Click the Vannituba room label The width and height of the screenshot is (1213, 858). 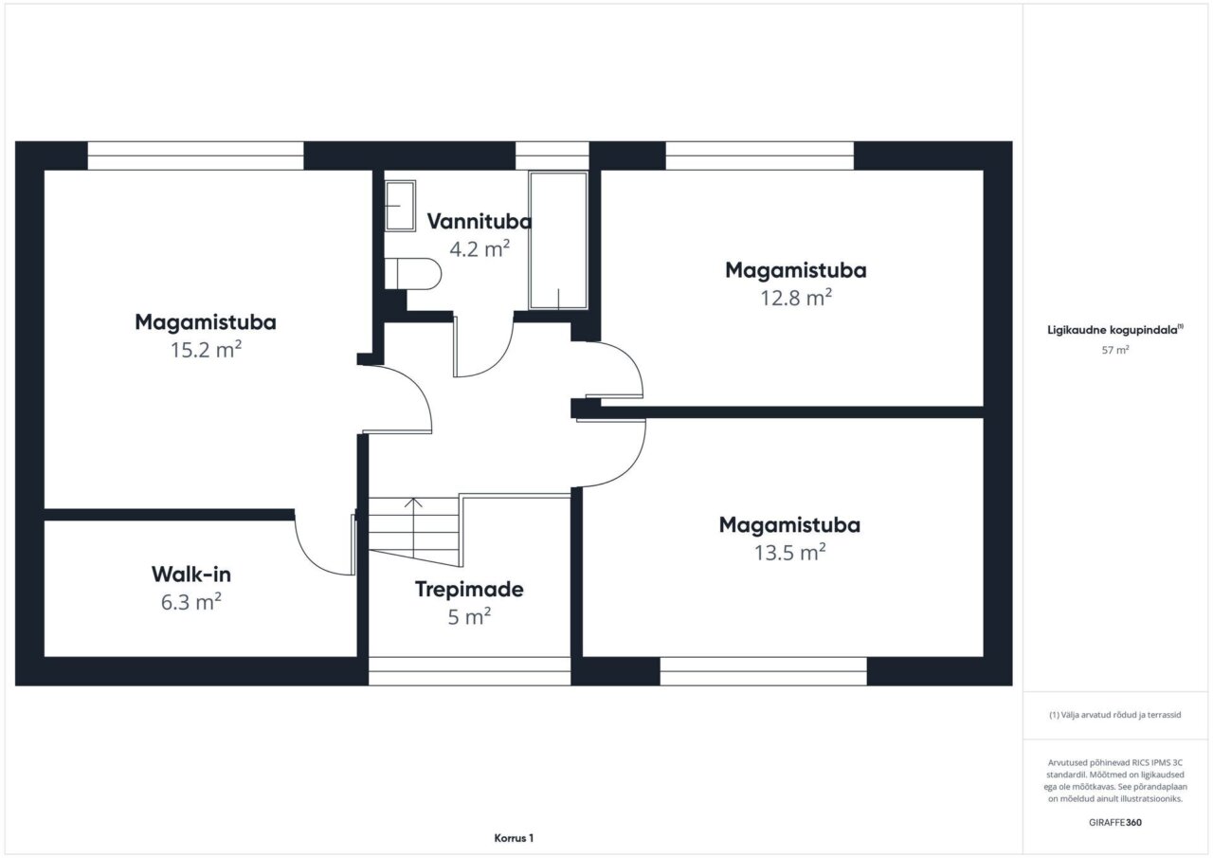tap(480, 221)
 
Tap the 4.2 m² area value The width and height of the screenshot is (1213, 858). tap(480, 248)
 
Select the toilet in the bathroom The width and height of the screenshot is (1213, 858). tap(412, 274)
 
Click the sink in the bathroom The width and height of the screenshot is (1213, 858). tap(400, 206)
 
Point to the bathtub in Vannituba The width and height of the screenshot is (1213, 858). tap(558, 241)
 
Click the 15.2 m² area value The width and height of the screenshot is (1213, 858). tap(206, 350)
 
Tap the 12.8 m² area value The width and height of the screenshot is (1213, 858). tap(796, 298)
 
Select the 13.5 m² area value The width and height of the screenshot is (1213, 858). tap(790, 552)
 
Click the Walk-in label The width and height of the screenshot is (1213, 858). tap(191, 575)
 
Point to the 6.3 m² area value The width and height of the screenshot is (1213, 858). tap(191, 602)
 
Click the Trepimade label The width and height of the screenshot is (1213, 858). tap(469, 590)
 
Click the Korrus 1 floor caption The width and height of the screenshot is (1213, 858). tap(514, 838)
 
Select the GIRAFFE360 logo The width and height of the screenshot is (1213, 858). tap(1115, 822)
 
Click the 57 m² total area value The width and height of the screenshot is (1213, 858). tap(1115, 350)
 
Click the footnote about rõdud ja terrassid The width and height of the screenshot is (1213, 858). tap(1115, 715)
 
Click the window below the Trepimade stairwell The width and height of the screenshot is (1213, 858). tap(469, 671)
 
